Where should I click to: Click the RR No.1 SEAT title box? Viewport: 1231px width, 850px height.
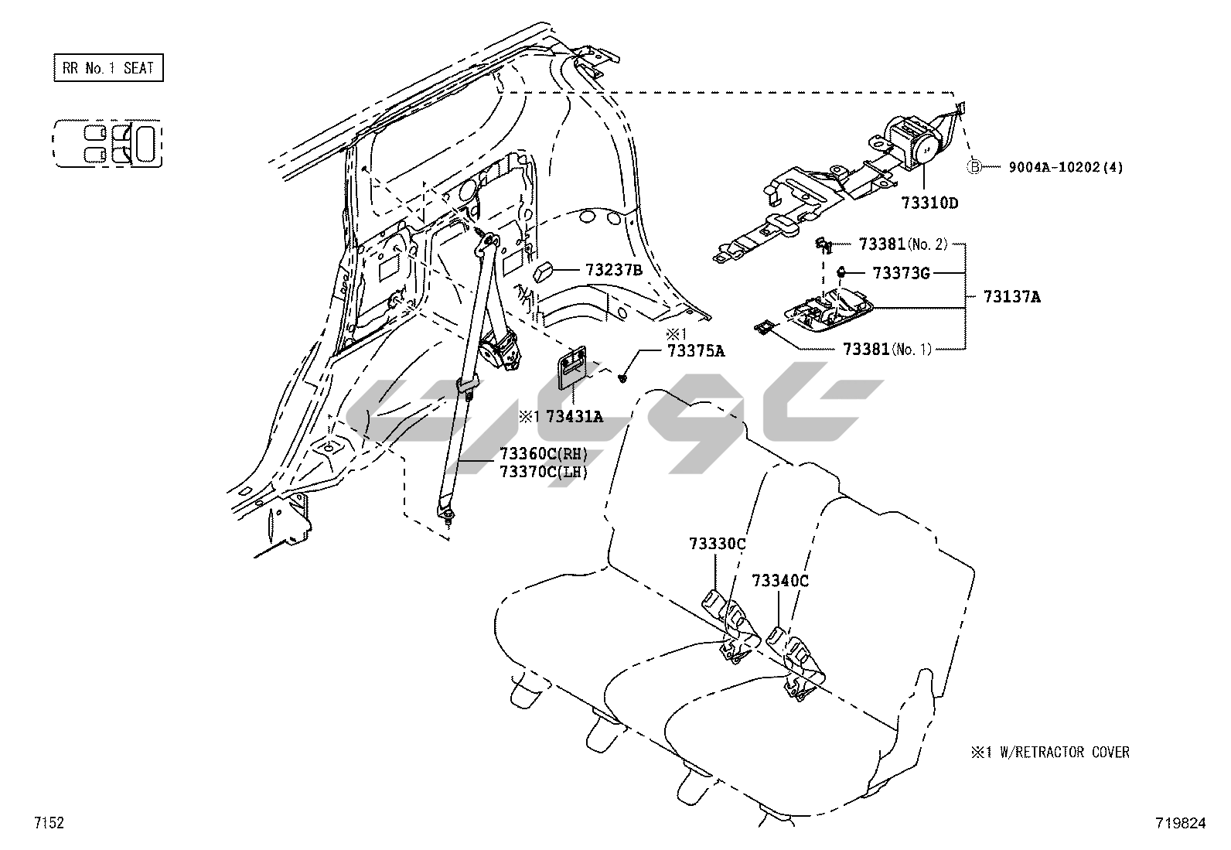[x=108, y=68]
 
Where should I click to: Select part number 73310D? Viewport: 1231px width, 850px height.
[x=929, y=203]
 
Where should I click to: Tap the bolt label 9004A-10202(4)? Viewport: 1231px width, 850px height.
[x=1065, y=167]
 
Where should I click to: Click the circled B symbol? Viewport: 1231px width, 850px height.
[x=975, y=167]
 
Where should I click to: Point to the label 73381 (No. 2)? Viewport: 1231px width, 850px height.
[x=902, y=244]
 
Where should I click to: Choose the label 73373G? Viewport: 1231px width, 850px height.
[x=901, y=273]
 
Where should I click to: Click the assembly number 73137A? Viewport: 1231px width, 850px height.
[x=1011, y=296]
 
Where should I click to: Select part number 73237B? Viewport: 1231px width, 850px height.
[x=614, y=270]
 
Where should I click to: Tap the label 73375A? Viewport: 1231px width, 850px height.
[x=696, y=351]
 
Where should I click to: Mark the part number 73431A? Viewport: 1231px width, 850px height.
[x=574, y=417]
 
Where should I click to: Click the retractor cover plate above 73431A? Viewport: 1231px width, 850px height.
[x=573, y=368]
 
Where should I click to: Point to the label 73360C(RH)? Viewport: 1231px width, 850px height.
[x=544, y=454]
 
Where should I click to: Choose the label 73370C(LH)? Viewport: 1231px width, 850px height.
[x=544, y=472]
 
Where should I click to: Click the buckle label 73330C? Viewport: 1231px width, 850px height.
[x=717, y=544]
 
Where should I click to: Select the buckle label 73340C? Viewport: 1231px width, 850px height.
[x=780, y=580]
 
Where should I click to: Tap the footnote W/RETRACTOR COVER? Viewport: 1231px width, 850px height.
[x=1057, y=752]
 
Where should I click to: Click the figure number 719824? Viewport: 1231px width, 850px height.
[x=1180, y=824]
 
